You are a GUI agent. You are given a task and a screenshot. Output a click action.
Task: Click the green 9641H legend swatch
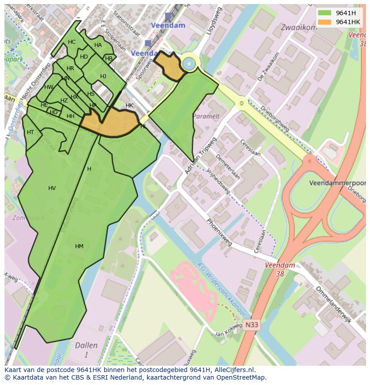tap(324, 13)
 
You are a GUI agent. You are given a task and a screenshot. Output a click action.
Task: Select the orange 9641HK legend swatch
tap(324, 22)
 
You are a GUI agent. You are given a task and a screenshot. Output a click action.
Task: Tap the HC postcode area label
tap(71, 42)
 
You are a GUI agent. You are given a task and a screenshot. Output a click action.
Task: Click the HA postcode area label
tap(98, 45)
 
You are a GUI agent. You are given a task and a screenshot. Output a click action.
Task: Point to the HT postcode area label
tap(30, 132)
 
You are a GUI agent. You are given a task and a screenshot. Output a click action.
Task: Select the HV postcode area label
tap(52, 188)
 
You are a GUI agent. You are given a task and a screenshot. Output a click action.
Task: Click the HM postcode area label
tap(79, 246)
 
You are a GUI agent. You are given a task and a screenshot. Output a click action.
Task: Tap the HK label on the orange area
tap(129, 106)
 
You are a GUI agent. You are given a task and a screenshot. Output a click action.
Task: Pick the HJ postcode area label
tap(103, 76)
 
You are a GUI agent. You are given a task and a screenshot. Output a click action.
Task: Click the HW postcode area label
tap(49, 87)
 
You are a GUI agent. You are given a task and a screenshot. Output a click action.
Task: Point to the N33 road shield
tap(251, 326)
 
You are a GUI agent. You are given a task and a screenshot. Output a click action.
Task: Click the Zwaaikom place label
tap(298, 27)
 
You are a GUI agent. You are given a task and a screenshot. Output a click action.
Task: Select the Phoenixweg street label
tap(219, 233)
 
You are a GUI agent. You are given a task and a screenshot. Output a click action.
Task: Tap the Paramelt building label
tap(206, 116)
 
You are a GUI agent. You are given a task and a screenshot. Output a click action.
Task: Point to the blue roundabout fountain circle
tap(189, 64)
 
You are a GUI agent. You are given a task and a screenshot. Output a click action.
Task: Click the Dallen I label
tap(86, 350)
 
